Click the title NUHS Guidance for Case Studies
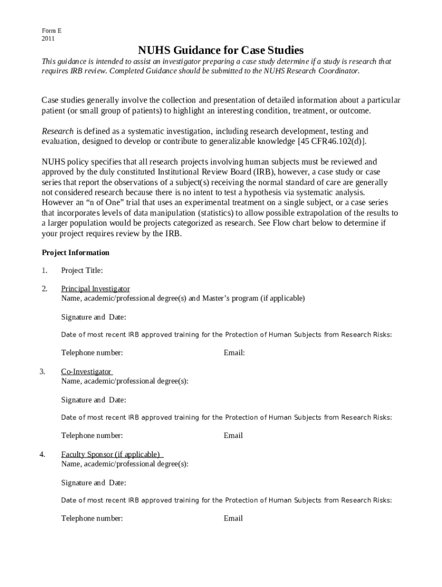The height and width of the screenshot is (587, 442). tap(220, 50)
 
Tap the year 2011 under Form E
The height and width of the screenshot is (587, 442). tap(48, 39)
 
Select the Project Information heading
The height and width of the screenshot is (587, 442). tap(76, 253)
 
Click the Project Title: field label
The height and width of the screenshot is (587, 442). tap(82, 271)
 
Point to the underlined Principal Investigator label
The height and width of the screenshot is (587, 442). tap(95, 289)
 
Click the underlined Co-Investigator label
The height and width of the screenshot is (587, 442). tap(86, 372)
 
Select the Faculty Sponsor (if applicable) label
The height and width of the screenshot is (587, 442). tap(110, 455)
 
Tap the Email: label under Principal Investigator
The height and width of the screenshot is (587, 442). tap(234, 353)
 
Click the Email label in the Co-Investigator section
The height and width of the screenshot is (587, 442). tap(233, 436)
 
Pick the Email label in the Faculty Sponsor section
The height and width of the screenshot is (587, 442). tap(233, 519)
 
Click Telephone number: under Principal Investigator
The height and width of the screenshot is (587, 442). tap(92, 353)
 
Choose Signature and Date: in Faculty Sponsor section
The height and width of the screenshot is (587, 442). tap(94, 483)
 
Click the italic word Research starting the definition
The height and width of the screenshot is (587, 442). tap(57, 131)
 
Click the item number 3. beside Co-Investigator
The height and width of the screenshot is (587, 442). tap(42, 372)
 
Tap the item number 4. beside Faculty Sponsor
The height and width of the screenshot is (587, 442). tap(42, 455)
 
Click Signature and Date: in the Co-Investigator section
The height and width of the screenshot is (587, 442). tap(94, 400)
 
